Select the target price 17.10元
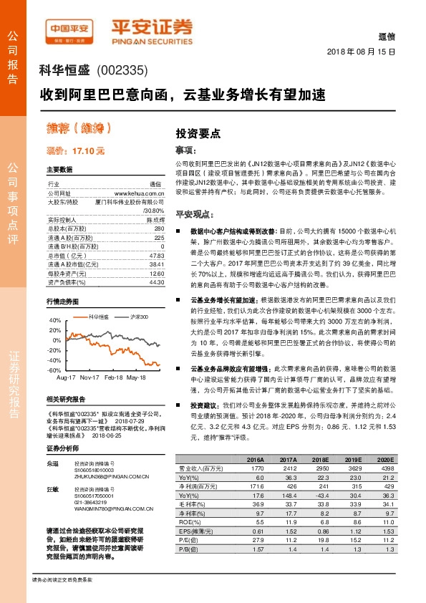pos(89,151)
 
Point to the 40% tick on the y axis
pos(54,320)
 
